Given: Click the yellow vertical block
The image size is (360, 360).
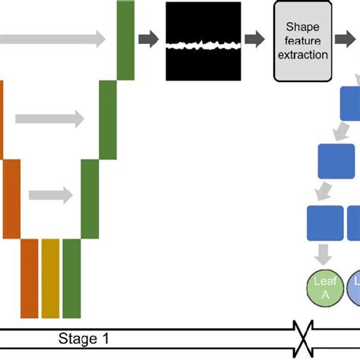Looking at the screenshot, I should pyautogui.click(x=50, y=278).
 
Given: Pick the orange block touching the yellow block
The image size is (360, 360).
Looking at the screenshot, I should pyautogui.click(x=30, y=278).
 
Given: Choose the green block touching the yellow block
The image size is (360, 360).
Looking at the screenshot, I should pyautogui.click(x=71, y=278).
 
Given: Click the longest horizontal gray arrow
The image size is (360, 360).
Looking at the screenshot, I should pyautogui.click(x=53, y=40).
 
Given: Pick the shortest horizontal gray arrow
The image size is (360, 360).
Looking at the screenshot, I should pyautogui.click(x=54, y=195).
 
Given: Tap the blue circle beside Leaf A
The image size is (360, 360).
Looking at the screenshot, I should pyautogui.click(x=354, y=289).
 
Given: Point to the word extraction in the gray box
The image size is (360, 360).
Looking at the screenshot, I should pyautogui.click(x=302, y=55).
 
